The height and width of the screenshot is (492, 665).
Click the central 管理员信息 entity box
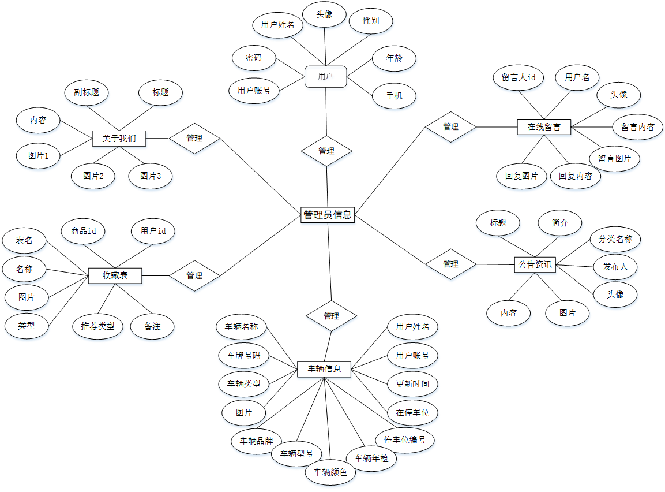pos(328,215)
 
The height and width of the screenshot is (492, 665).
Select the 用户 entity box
pos(325,76)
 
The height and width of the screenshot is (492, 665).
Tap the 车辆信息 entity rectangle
pos(324,369)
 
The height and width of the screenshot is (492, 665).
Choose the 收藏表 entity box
pos(115,275)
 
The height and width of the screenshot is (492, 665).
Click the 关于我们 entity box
pos(119,139)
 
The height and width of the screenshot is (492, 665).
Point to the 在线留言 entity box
pos(544,126)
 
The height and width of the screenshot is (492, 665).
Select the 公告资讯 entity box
pos(535,265)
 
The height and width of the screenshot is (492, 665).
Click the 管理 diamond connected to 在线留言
pos(450,126)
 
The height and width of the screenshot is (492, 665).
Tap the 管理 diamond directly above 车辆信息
pos(331,316)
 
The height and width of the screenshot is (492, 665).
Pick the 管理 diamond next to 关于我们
pos(194,139)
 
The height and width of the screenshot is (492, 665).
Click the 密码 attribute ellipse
pos(254,58)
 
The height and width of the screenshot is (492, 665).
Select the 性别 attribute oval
pos(371,21)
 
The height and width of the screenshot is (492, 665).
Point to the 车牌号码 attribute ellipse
pos(243,355)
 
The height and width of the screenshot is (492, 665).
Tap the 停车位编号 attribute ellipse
pos(405,440)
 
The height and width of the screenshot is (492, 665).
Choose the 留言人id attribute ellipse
pos(519,77)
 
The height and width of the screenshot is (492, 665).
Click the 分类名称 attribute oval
pos(615,238)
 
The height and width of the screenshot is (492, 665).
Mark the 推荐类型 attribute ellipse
pos(97,326)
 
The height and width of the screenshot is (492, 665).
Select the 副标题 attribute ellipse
pos(87,92)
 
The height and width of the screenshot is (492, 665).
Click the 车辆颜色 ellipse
pos(330,472)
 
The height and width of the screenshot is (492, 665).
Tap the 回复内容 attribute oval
pos(576,176)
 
